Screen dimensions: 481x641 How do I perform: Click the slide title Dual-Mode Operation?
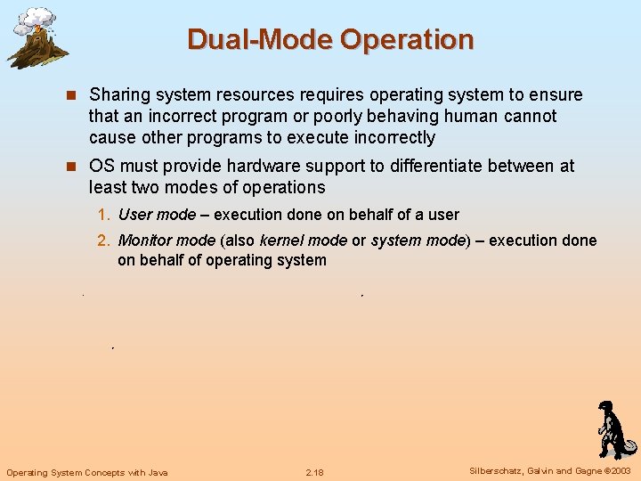(x=330, y=40)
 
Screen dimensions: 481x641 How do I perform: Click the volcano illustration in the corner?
(x=37, y=37)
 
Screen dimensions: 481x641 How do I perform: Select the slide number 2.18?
(x=314, y=472)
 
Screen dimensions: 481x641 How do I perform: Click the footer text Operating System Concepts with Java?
(x=87, y=472)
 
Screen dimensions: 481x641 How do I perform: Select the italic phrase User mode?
(x=157, y=215)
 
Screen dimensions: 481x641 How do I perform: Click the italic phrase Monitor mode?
(x=166, y=241)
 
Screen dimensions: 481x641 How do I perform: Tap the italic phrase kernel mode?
(x=303, y=241)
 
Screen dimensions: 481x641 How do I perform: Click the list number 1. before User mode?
(x=104, y=215)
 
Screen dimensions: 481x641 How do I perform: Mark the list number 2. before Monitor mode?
(x=104, y=241)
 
